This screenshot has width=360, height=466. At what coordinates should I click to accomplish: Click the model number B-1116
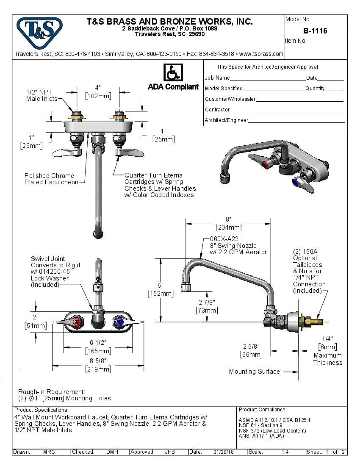(x=315, y=31)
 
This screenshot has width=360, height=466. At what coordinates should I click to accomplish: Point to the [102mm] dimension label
(x=98, y=96)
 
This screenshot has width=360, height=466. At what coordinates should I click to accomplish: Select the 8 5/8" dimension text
(x=98, y=361)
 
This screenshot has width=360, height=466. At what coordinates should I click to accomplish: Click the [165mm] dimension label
(x=98, y=351)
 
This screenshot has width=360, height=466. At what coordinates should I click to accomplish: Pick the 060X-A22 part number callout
(x=225, y=239)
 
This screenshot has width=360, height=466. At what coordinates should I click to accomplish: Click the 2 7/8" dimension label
(x=207, y=302)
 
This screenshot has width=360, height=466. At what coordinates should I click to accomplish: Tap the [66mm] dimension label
(x=251, y=354)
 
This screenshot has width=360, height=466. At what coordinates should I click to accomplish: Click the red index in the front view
(x=77, y=324)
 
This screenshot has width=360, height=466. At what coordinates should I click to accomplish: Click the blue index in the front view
(x=118, y=324)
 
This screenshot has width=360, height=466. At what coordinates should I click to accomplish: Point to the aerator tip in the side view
(x=185, y=288)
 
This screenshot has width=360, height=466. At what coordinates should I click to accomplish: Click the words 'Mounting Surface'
(x=254, y=372)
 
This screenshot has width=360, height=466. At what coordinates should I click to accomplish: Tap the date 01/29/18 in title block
(x=224, y=452)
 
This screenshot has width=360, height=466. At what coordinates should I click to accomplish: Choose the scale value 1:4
(x=285, y=452)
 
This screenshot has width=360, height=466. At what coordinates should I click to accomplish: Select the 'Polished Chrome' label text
(x=49, y=176)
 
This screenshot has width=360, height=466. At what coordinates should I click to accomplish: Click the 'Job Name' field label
(x=217, y=78)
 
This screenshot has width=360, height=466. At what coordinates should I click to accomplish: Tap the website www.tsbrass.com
(x=261, y=54)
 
